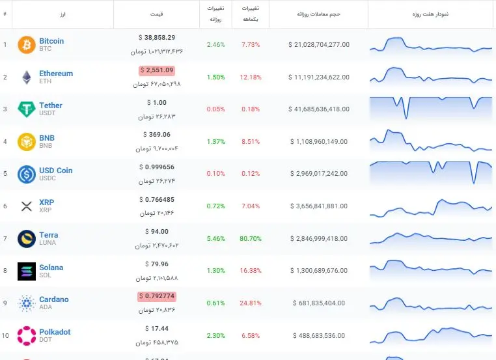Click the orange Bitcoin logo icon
(27, 45)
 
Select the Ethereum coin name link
(56, 74)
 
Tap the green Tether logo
(27, 109)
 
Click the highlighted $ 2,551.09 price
(157, 70)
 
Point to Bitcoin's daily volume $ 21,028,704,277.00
(319, 45)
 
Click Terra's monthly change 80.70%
(251, 238)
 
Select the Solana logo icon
(27, 271)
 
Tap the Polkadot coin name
(55, 332)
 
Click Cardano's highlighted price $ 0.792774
(157, 296)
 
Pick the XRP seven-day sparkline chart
(431, 208)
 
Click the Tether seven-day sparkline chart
(431, 108)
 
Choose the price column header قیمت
(157, 14)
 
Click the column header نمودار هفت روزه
(430, 14)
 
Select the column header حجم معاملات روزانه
(318, 14)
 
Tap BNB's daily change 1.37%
(215, 141)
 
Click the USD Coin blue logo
(27, 174)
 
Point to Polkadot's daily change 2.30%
(215, 335)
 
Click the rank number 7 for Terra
(5, 238)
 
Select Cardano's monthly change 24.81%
(251, 303)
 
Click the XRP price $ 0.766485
(157, 200)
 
